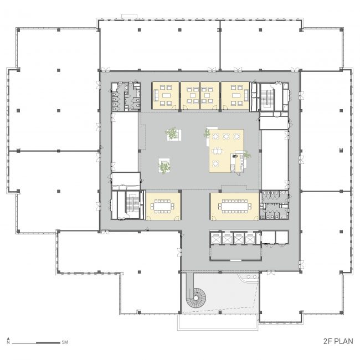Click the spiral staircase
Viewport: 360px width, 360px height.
[x=196, y=298]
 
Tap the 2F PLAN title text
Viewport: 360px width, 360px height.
[x=338, y=341]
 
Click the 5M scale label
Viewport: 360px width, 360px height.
[x=65, y=342]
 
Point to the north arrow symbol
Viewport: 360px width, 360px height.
[x=8, y=340]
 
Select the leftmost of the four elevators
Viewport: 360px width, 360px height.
[x=217, y=239]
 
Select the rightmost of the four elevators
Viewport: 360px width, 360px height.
[x=250, y=239]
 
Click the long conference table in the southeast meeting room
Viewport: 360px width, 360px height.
[x=235, y=206]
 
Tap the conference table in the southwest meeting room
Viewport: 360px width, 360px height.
[x=162, y=206]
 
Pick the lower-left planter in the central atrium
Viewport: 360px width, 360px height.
[x=164, y=165]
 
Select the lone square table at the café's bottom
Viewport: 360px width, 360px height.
[x=215, y=163]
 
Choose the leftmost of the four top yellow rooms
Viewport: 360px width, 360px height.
[x=166, y=96]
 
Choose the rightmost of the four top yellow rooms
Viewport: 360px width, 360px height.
[x=235, y=96]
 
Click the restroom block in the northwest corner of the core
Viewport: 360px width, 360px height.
[x=126, y=97]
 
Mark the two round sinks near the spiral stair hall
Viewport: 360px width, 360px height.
[x=251, y=277]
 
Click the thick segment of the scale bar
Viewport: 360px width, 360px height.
[x=48, y=343]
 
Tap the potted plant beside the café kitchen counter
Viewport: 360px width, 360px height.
[x=247, y=155]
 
